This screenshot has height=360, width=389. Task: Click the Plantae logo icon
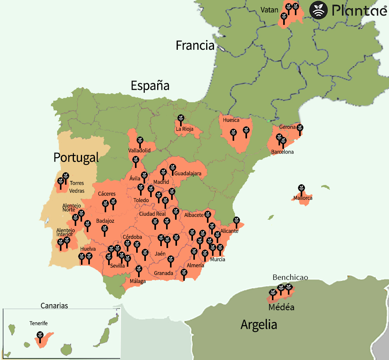point(319,10)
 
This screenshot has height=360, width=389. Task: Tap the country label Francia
point(195,45)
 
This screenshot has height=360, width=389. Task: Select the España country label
point(150,85)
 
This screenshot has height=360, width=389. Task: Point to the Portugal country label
point(76,157)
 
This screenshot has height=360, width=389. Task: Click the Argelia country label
point(259,324)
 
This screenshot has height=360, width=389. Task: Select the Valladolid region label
point(139,150)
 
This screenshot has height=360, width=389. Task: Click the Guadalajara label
point(188,173)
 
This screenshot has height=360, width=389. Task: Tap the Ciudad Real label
point(152,214)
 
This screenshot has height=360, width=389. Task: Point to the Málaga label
point(138,281)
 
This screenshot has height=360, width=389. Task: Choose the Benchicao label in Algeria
point(290,277)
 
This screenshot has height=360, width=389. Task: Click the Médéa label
point(281,308)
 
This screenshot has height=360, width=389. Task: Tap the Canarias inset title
point(54,306)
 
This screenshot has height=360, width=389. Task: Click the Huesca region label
point(231,120)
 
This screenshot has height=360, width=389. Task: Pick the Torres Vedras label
point(77,187)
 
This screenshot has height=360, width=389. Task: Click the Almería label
point(195,265)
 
